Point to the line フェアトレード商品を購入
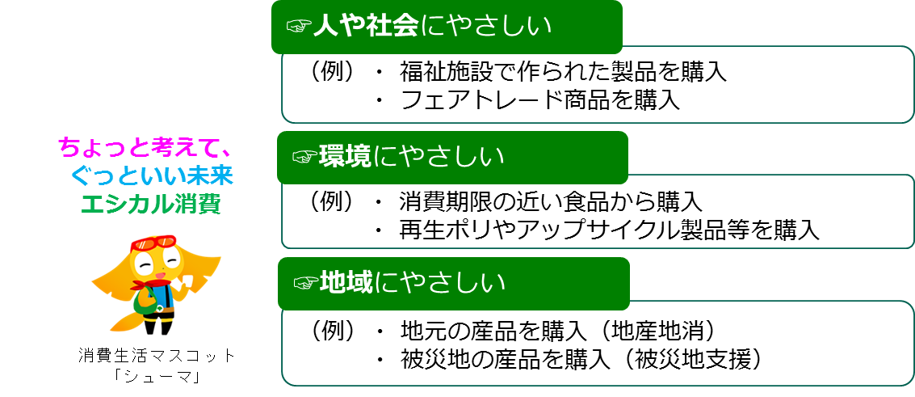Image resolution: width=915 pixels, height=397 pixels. (x=539, y=100)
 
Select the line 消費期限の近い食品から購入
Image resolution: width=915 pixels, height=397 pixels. (x=550, y=200)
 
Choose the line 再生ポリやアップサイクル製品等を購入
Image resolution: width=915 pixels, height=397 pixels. (x=610, y=230)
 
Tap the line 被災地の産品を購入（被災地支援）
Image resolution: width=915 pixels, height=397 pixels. (x=581, y=359)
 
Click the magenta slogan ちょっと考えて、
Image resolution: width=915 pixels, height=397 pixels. (x=146, y=147)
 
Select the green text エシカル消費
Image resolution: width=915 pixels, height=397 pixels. (x=150, y=202)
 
